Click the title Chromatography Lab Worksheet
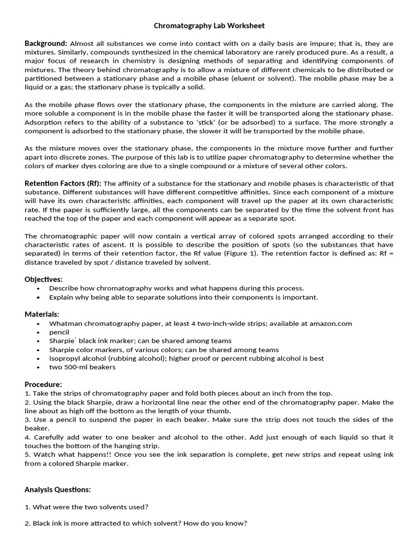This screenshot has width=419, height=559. click(x=209, y=26)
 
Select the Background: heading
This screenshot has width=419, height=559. click(x=46, y=43)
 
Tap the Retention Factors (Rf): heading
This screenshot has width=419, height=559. click(x=63, y=183)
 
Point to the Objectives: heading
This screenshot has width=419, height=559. click(x=44, y=279)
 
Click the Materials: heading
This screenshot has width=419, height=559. click(x=42, y=314)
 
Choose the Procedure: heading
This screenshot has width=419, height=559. click(x=43, y=384)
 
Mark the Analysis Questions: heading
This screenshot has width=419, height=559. click(x=57, y=489)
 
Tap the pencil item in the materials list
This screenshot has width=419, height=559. click(x=59, y=332)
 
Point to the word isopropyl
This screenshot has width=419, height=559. click(x=65, y=358)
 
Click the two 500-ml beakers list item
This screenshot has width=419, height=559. click(x=82, y=367)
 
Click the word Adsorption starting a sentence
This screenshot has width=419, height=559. click(x=44, y=122)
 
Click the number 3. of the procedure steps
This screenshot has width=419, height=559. click(x=28, y=419)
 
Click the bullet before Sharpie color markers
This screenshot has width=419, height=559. click(x=38, y=350)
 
